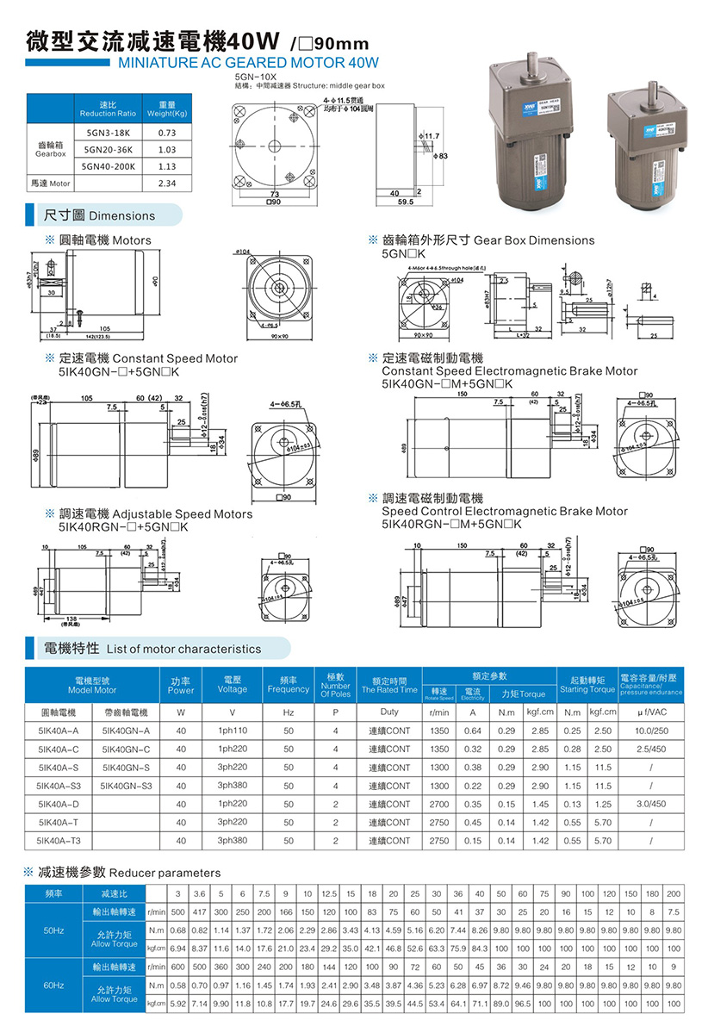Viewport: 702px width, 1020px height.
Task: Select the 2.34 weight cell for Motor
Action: [167, 183]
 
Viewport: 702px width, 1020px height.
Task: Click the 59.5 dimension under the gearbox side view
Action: [395, 202]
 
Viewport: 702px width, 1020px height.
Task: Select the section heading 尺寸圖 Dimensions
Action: [100, 215]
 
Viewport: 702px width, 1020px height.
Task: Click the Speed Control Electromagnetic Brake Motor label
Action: [505, 511]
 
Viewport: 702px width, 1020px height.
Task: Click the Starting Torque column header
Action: [587, 685]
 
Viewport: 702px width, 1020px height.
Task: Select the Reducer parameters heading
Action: [164, 873]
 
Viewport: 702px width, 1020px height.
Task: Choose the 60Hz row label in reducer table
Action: [53, 983]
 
